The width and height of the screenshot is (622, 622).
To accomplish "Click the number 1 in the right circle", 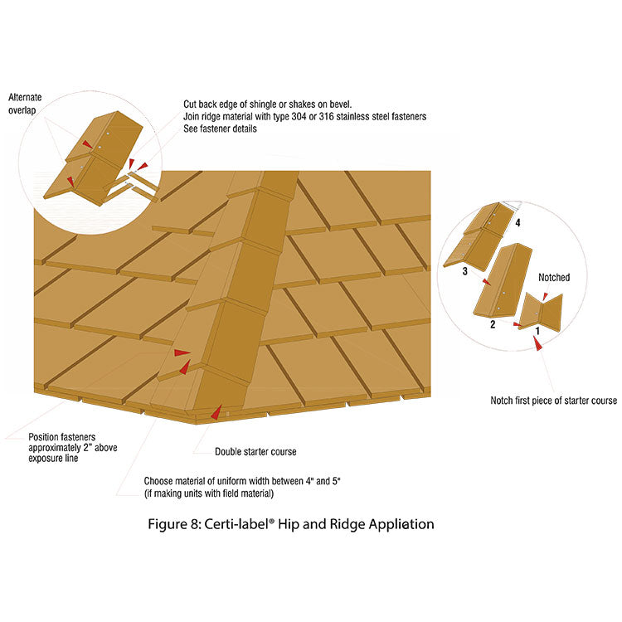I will (537, 330).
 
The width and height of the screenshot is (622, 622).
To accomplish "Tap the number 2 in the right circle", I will (493, 324).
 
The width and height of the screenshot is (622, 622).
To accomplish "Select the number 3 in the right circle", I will (465, 271).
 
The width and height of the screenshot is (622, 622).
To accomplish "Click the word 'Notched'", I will (554, 278).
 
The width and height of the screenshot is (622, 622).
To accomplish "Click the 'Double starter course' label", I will (255, 452).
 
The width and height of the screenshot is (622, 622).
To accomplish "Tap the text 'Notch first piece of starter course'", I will (553, 401).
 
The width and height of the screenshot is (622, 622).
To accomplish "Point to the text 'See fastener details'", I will (221, 129).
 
